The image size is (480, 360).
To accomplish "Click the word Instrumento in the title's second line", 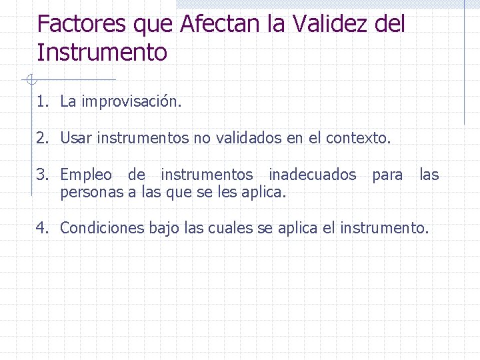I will (102, 52).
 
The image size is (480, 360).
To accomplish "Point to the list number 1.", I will (42, 102).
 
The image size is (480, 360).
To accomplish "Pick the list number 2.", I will (42, 139).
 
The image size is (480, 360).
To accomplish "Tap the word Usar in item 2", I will (77, 139).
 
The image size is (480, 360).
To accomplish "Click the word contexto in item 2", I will (359, 139).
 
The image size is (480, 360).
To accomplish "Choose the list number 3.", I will (42, 175).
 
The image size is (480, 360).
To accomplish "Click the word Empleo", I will (86, 175).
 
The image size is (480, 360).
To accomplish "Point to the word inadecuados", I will (313, 175).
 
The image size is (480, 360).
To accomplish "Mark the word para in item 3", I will (387, 175).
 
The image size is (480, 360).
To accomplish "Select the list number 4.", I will (42, 228).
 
